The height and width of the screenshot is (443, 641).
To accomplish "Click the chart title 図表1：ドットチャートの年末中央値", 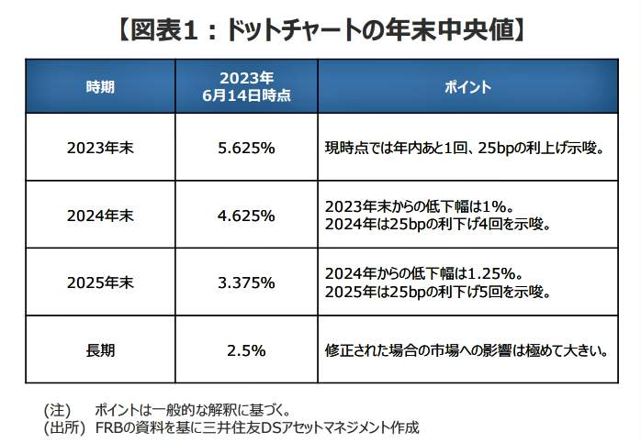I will pyautogui.click(x=320, y=28).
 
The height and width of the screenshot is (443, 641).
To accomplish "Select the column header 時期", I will pyautogui.click(x=100, y=87).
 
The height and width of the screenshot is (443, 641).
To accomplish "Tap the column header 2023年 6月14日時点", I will pyautogui.click(x=246, y=86).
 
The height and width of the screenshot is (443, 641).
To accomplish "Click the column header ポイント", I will pyautogui.click(x=467, y=87).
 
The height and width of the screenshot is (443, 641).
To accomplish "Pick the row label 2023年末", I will pyautogui.click(x=100, y=147).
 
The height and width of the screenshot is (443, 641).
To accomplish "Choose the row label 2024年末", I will pyautogui.click(x=100, y=216).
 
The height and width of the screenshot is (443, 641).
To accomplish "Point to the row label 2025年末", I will pyautogui.click(x=100, y=282).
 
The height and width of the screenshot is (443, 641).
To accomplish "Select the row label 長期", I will pyautogui.click(x=100, y=349).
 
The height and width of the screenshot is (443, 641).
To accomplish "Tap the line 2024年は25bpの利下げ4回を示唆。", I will pyautogui.click(x=437, y=225).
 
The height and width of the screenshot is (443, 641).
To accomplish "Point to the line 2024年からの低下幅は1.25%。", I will pyautogui.click(x=423, y=273).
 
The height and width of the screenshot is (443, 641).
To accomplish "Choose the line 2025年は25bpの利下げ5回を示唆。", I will pyautogui.click(x=437, y=293).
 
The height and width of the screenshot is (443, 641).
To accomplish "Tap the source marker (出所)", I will pyautogui.click(x=63, y=426).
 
